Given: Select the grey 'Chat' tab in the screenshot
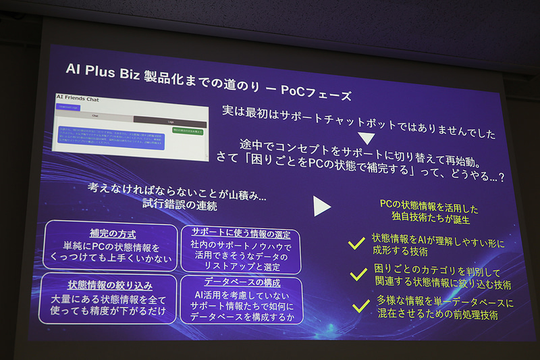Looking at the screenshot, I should (94, 115).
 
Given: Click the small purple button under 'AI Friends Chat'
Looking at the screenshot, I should (67, 107).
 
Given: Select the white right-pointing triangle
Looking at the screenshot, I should (322, 206).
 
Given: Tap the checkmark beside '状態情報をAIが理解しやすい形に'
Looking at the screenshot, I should (356, 243).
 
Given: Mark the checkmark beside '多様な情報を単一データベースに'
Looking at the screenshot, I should (362, 306).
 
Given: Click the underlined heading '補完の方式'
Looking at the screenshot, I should (112, 234).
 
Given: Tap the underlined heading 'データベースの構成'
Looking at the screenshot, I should (241, 282).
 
